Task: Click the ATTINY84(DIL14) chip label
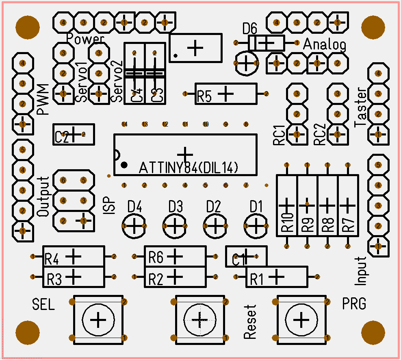click(x=189, y=168)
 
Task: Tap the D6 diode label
click(x=250, y=29)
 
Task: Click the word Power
click(x=85, y=39)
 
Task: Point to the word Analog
click(x=325, y=44)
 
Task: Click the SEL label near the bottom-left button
click(x=43, y=304)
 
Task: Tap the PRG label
click(x=354, y=303)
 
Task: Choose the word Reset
click(x=250, y=322)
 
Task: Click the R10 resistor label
click(x=288, y=223)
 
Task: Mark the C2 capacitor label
click(x=62, y=137)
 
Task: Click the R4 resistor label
click(x=52, y=259)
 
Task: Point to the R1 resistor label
click(x=256, y=279)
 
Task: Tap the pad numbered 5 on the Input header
click(x=378, y=165)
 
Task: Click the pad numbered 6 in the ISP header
click(x=63, y=180)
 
